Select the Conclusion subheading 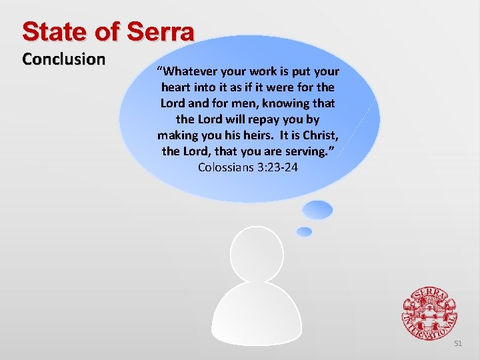[x=63, y=59]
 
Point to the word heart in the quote [x=177, y=87]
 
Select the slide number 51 [x=457, y=343]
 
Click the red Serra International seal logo [x=429, y=313]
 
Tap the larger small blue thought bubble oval [x=317, y=210]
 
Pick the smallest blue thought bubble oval [x=304, y=232]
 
